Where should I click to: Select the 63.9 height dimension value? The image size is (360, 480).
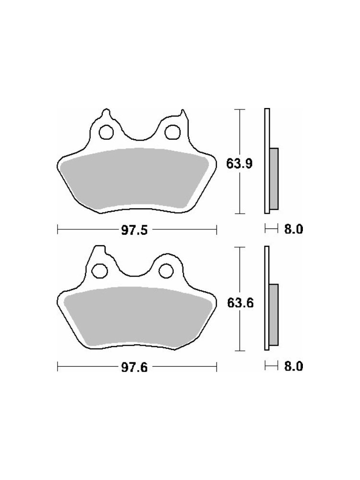click(240, 164)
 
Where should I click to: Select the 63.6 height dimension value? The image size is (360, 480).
click(240, 303)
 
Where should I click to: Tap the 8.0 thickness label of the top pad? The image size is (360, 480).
click(294, 229)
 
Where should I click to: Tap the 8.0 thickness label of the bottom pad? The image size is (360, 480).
click(294, 366)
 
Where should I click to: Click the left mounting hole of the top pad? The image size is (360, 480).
click(106, 132)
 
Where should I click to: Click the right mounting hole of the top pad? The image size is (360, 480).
click(172, 132)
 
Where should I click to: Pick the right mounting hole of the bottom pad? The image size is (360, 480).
click(166, 270)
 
